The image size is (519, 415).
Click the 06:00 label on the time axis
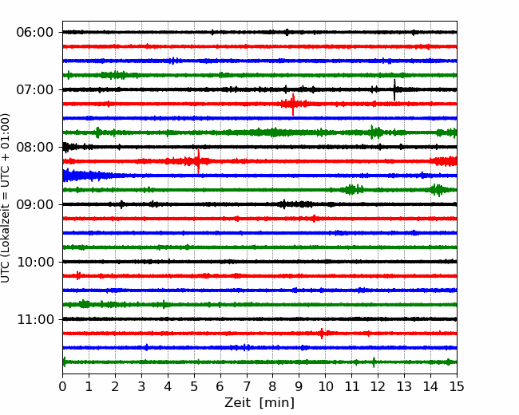[35, 33]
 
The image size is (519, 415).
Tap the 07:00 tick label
[35, 89]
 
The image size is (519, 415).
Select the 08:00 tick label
[35, 147]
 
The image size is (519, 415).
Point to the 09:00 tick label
[35, 204]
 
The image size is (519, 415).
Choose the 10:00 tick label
[35, 262]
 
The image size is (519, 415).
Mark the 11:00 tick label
[35, 319]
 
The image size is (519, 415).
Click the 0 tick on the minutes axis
[62, 386]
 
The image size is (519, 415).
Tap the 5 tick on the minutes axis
[194, 386]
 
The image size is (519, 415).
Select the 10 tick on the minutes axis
[325, 386]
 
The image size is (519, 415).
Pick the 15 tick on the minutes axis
[457, 386]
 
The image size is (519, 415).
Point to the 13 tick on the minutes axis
[404, 386]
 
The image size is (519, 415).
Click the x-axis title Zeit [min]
[259, 403]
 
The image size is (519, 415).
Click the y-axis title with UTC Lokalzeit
[5, 198]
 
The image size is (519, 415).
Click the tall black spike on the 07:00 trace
[394, 89]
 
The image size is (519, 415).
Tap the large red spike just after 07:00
[293, 105]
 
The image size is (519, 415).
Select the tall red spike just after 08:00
[198, 161]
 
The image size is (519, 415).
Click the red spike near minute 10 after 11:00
[322, 334]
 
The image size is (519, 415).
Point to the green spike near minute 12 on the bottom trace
[374, 362]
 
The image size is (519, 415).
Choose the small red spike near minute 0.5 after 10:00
[77, 275]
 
